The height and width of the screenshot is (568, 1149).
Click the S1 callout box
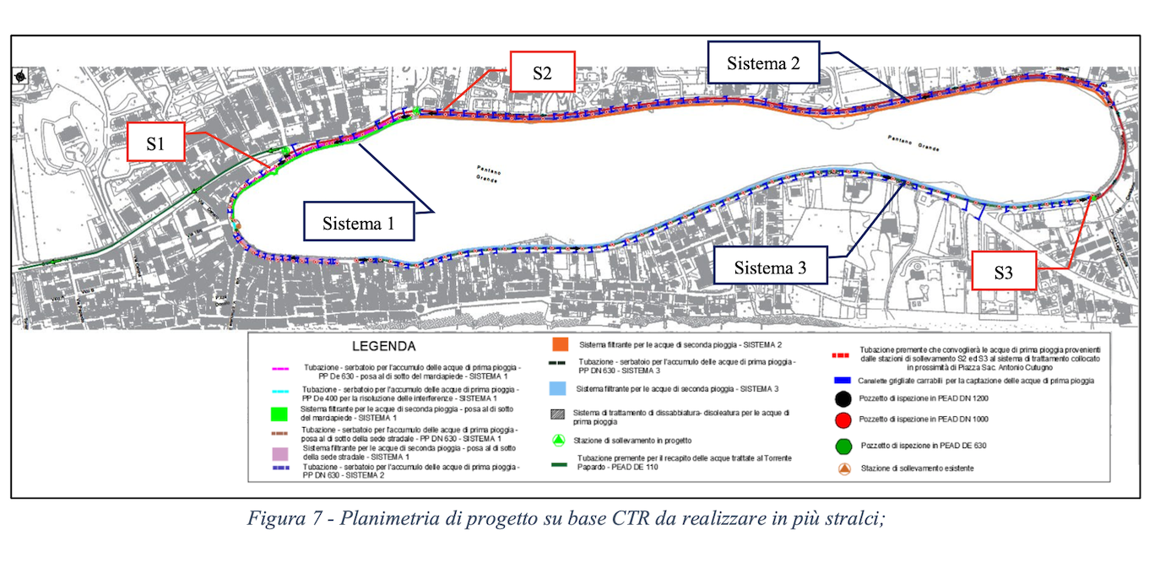(x=155, y=143)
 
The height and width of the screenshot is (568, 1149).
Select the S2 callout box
(x=542, y=73)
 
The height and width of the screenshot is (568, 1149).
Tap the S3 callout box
(x=1003, y=272)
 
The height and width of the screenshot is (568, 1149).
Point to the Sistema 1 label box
(x=358, y=224)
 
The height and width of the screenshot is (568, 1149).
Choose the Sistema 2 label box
(x=762, y=63)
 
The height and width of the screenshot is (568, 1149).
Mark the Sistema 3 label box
(x=770, y=268)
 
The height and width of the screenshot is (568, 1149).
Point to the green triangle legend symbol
(x=558, y=440)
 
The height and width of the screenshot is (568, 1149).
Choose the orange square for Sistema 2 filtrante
(x=558, y=345)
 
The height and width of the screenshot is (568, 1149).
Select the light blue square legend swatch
(x=558, y=389)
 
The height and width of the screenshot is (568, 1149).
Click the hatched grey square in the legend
(x=558, y=414)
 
